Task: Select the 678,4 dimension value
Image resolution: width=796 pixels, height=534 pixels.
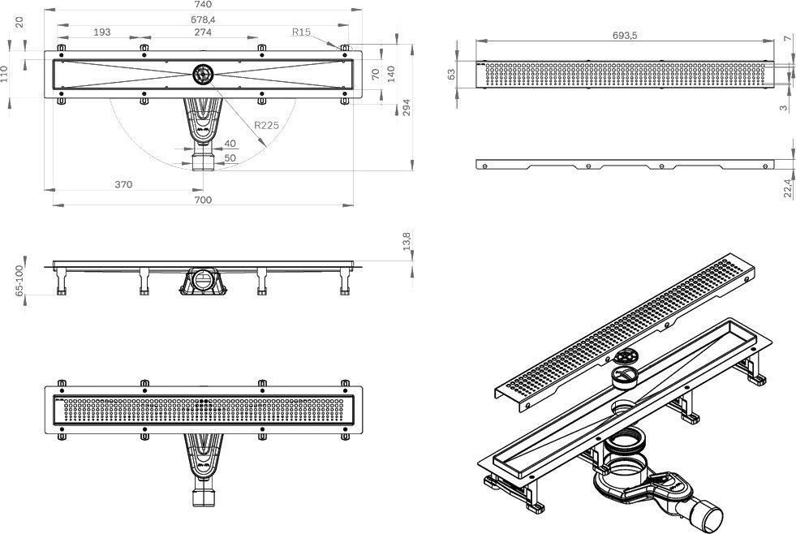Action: (x=203, y=19)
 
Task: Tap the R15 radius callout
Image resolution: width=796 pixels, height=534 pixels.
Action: (x=302, y=32)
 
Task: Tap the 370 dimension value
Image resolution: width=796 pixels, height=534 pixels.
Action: (x=123, y=184)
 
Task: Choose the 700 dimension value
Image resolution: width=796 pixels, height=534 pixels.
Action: (x=203, y=199)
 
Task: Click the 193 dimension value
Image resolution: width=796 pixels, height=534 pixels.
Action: (x=102, y=32)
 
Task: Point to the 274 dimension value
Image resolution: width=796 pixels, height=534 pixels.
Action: (x=202, y=32)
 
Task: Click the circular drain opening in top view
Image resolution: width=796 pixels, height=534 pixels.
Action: (x=202, y=75)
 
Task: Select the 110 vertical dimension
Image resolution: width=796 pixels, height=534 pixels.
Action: (x=6, y=75)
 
